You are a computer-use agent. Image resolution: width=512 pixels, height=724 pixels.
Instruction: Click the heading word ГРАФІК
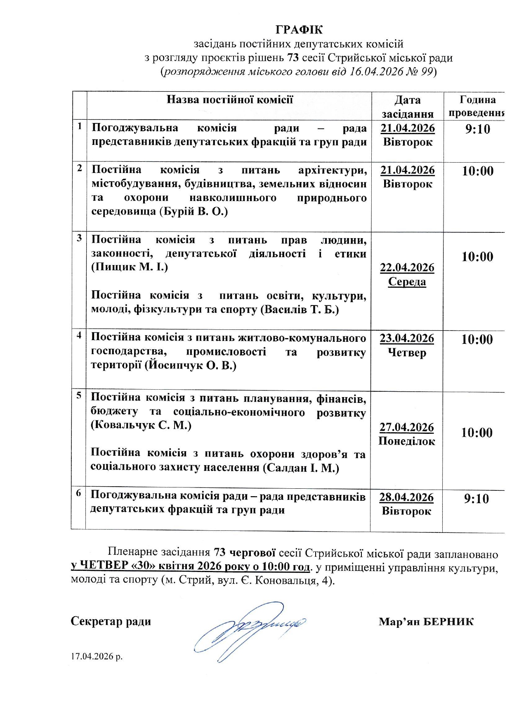coord(299,30)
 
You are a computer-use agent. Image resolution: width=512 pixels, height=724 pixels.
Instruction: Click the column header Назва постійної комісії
coord(229,99)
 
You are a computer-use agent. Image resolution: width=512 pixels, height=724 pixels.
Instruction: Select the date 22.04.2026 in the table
coord(407,267)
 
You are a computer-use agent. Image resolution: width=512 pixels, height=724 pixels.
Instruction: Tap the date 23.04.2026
coord(407,338)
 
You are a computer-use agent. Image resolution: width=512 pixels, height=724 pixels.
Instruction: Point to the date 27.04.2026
coord(407,427)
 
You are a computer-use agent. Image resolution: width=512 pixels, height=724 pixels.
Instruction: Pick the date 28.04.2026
coord(406,497)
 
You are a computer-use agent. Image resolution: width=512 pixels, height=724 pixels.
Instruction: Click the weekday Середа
coord(407,282)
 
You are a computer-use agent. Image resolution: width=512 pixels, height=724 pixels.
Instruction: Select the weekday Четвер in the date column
coord(407,353)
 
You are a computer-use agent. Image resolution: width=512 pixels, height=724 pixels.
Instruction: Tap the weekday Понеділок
coord(407,441)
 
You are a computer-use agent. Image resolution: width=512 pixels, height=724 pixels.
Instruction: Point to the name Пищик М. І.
coord(130,267)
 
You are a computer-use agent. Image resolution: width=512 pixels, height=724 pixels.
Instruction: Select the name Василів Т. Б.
coord(300,310)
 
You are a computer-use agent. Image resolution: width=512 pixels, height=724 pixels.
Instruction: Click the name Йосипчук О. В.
coord(191,366)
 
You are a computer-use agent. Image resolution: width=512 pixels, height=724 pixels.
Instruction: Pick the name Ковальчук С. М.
coord(141,425)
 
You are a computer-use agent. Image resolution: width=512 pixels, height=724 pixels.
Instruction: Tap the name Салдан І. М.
coord(301,468)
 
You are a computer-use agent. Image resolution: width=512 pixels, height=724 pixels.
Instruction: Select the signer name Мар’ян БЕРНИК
coord(426,622)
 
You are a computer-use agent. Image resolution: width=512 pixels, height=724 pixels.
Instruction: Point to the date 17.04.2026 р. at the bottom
coord(97,657)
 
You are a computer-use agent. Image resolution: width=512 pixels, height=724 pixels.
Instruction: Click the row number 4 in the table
coord(79,336)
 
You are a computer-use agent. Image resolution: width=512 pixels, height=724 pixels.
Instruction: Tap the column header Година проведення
coord(476,106)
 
